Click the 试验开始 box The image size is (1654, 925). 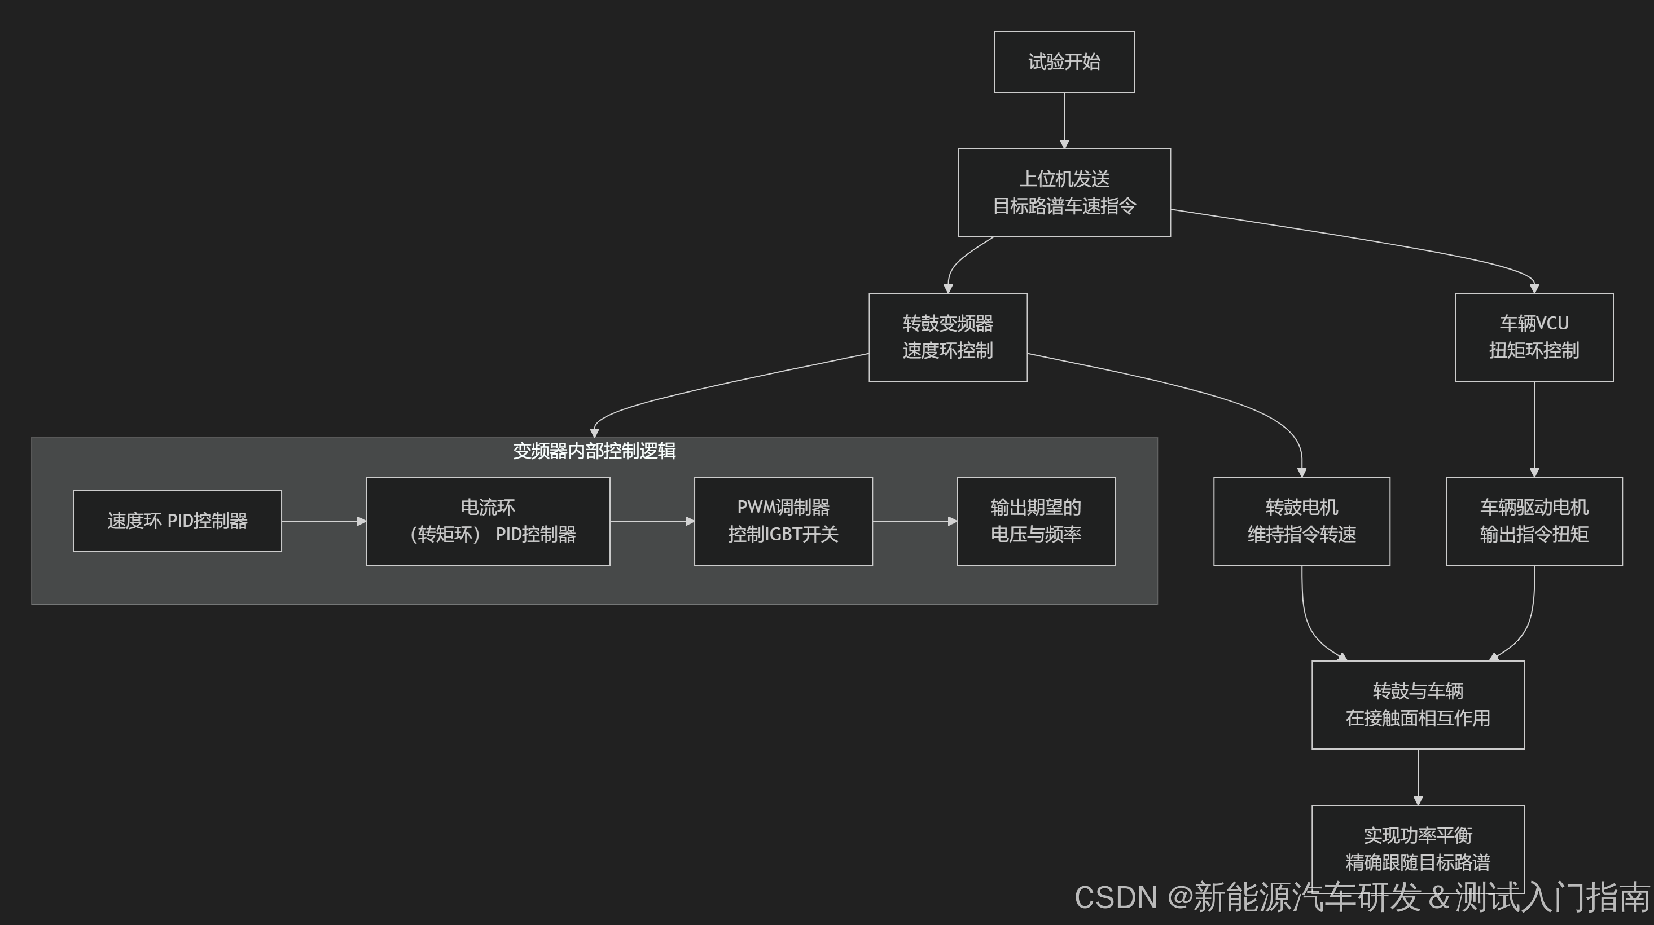point(1064,61)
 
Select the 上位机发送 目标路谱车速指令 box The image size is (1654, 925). point(1064,192)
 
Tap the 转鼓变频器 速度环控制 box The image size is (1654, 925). point(947,337)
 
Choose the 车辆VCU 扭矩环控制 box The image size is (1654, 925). point(1534,337)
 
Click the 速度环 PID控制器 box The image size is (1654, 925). point(177,521)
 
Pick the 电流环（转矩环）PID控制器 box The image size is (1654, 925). point(488,521)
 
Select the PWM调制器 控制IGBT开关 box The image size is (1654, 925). point(783,521)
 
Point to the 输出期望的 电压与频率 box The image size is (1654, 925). point(1036,521)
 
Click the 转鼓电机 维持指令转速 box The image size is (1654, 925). point(1301,521)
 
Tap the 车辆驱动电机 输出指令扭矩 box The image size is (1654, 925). point(1534,521)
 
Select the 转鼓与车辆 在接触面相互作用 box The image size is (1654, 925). point(1418,704)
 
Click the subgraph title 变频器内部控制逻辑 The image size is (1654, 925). point(594,451)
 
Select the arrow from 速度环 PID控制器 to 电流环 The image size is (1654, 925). point(323,521)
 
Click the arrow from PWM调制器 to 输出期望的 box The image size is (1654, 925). point(914,521)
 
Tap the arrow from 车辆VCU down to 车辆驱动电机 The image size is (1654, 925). point(1534,429)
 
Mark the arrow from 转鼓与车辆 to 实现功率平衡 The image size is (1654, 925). point(1418,777)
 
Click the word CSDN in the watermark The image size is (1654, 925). point(1115,897)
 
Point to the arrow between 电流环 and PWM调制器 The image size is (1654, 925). point(652,521)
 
